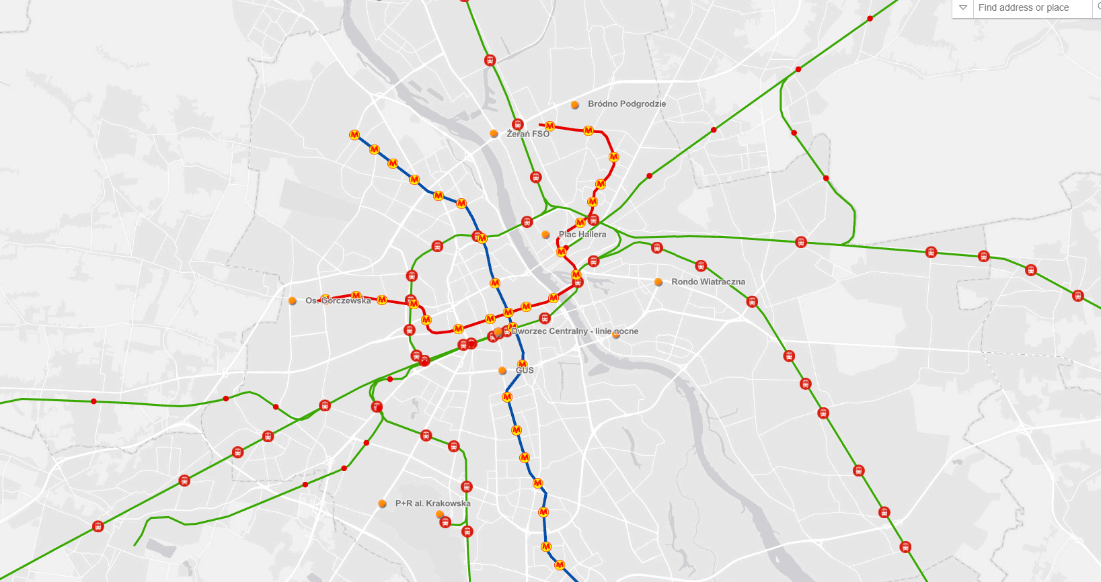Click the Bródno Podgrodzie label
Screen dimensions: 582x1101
click(x=626, y=104)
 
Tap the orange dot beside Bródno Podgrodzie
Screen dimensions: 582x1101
click(x=575, y=105)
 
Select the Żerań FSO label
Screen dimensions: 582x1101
click(x=528, y=134)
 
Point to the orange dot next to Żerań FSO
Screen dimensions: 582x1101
click(x=494, y=134)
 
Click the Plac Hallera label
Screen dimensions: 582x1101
click(x=582, y=235)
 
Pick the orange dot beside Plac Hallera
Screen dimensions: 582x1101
click(x=545, y=235)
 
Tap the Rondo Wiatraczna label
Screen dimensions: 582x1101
click(x=708, y=282)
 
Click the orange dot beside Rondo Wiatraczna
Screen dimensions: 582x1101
click(x=658, y=282)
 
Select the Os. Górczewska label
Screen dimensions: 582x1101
click(x=338, y=300)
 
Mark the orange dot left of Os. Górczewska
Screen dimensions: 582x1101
click(x=293, y=301)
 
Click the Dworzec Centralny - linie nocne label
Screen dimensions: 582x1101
click(x=575, y=331)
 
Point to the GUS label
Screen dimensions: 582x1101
click(x=525, y=370)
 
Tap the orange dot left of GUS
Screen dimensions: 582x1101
click(x=502, y=371)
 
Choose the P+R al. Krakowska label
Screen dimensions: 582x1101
click(x=432, y=503)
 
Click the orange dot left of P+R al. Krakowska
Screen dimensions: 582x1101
click(x=382, y=503)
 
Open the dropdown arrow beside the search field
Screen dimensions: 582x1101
click(x=963, y=8)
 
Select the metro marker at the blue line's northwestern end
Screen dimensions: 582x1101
click(x=354, y=135)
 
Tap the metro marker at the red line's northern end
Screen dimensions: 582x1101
click(x=549, y=126)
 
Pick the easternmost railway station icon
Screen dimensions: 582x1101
click(x=1077, y=296)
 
